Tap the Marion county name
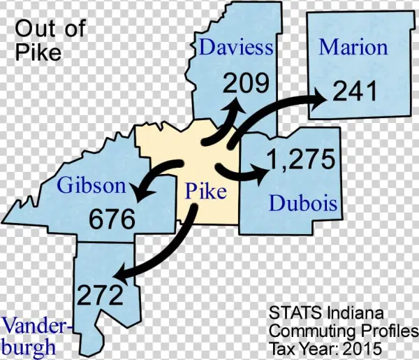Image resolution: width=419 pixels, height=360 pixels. pyautogui.click(x=353, y=48)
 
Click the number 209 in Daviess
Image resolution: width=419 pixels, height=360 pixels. pyautogui.click(x=246, y=84)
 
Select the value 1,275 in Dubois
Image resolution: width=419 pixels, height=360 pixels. pyautogui.click(x=301, y=160)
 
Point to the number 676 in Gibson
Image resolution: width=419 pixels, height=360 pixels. pyautogui.click(x=112, y=219)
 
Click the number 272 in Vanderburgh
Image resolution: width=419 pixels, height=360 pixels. pyautogui.click(x=100, y=294)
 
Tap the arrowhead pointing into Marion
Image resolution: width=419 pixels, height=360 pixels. pyautogui.click(x=323, y=99)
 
